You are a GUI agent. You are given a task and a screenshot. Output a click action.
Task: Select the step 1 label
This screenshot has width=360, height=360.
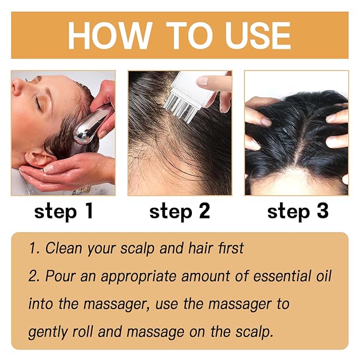point(64,212)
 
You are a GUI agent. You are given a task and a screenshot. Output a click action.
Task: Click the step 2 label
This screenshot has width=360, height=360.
point(180,212)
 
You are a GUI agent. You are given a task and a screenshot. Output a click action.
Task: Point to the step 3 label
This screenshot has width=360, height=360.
point(297,212)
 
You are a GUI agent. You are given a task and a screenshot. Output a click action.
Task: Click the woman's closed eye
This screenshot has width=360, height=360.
point(38,102)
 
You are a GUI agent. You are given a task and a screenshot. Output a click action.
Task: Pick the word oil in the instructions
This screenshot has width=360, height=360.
point(318,276)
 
